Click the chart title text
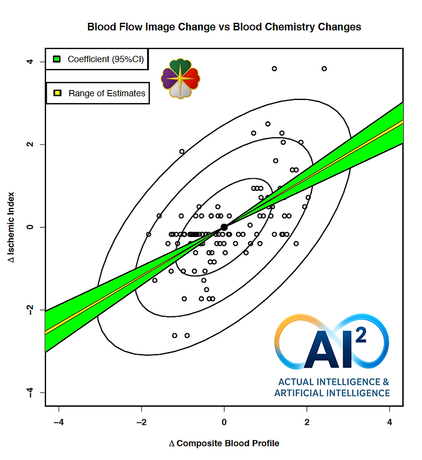coord(224,27)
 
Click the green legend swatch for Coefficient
coord(56,59)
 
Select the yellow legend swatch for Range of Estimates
coord(56,93)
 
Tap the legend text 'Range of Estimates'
coord(107,93)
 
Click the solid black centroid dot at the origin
coord(224,227)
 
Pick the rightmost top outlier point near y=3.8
coord(324,68)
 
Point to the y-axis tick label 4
coord(31,62)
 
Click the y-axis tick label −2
coord(31,310)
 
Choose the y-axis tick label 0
coord(31,227)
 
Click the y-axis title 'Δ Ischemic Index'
coord(12,227)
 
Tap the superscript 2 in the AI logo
coord(361,335)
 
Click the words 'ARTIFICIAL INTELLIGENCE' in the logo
coord(332,393)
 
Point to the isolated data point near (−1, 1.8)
coord(182,151)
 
